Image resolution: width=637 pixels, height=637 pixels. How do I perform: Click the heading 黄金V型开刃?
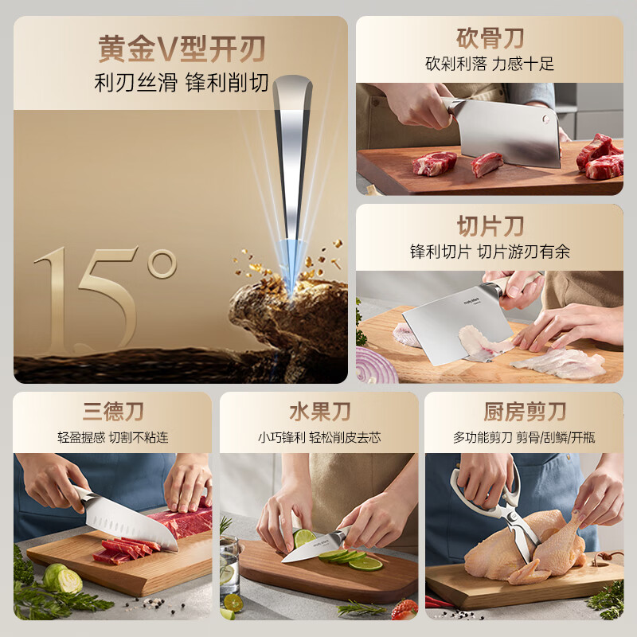click(x=181, y=49)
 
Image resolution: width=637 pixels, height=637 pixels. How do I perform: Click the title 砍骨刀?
click(x=490, y=37)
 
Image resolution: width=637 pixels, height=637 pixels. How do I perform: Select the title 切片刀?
click(x=490, y=225)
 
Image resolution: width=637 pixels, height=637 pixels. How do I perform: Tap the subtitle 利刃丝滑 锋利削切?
click(x=181, y=83)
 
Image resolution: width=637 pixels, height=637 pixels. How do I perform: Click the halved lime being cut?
click(x=305, y=539)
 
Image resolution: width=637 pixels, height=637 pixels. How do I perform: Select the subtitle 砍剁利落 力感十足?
click(x=490, y=64)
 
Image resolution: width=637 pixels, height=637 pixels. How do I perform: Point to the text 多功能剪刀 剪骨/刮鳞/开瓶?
click(x=525, y=437)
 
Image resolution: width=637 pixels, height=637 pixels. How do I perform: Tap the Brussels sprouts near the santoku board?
click(x=62, y=578)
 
